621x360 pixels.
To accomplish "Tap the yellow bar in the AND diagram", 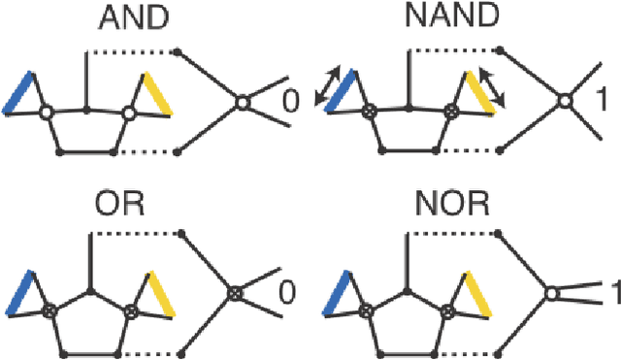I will click(x=158, y=93).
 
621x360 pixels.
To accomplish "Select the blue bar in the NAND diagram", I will click(x=335, y=94).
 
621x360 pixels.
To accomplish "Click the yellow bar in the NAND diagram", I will click(x=476, y=93).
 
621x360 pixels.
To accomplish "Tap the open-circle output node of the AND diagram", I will click(x=241, y=102).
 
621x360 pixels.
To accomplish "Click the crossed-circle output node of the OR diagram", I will click(x=234, y=291).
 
